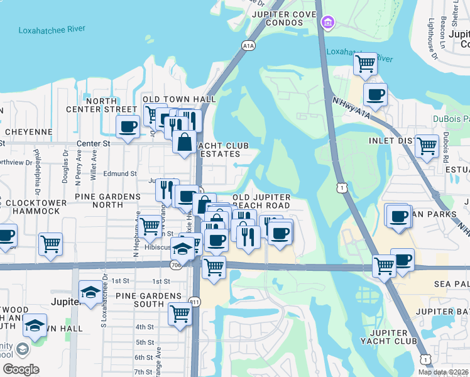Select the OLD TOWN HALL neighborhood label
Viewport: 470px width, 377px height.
[x=179, y=99]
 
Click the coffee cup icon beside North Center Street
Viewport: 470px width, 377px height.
[x=128, y=126]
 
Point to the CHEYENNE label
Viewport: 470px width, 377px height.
[x=28, y=132]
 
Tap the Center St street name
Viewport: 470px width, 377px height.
[x=93, y=143]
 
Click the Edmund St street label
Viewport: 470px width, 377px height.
[x=121, y=173]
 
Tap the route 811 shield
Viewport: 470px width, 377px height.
[x=196, y=302]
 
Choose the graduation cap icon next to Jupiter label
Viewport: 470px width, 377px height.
[x=91, y=292]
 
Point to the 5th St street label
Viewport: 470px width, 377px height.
[x=145, y=342]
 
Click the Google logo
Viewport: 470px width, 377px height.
[x=21, y=369]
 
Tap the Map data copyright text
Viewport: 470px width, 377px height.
[x=443, y=372]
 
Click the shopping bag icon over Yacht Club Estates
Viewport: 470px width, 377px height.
[x=185, y=141]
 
